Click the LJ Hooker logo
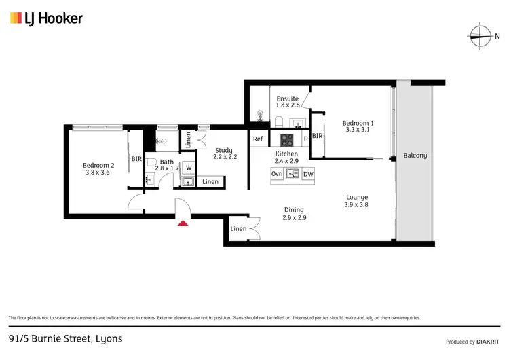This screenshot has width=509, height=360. (x=46, y=18)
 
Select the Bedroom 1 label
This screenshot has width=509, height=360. (x=358, y=123)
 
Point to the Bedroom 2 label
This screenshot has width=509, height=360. (x=98, y=165)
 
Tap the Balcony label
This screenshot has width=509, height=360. (x=415, y=156)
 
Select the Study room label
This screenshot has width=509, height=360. (x=223, y=151)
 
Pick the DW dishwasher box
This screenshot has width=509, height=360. (x=308, y=174)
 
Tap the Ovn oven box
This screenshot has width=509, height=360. (x=277, y=174)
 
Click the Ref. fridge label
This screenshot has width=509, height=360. (x=258, y=139)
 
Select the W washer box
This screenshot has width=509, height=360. (x=189, y=167)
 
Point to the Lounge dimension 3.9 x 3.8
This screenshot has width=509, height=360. (x=356, y=204)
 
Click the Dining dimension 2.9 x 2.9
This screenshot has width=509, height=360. (x=294, y=218)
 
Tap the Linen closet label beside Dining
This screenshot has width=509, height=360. (x=238, y=229)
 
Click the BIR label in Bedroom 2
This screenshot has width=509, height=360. (x=136, y=159)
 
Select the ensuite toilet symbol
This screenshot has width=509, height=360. (x=279, y=122)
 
